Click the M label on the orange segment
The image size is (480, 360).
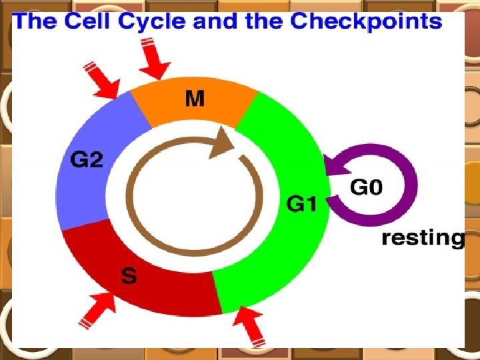tap(195, 99)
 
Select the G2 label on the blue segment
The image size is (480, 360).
tap(87, 160)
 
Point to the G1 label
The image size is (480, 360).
tap(301, 203)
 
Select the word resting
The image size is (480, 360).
tap(423, 238)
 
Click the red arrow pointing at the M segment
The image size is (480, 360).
tap(155, 61)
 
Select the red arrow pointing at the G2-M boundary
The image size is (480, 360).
tap(102, 80)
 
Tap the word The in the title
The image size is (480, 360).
tap(35, 21)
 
